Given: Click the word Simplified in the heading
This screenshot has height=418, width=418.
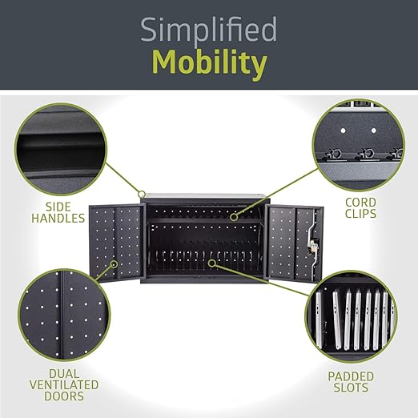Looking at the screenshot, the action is point(209,30).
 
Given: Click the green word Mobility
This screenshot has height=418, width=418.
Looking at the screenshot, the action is point(210,63).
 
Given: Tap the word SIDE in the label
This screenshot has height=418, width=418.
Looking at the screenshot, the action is point(58,207).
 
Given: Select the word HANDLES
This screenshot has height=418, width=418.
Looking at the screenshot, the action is point(58,218).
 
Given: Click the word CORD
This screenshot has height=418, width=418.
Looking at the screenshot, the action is point(360,203).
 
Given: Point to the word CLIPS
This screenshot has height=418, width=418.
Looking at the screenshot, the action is point(360,213).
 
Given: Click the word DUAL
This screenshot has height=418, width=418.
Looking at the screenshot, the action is point(64,374).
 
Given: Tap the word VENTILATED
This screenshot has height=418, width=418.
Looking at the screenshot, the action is point(64,385).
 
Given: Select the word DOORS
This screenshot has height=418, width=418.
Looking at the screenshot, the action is point(64,396).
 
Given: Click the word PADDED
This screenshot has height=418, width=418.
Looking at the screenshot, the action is point(351,376).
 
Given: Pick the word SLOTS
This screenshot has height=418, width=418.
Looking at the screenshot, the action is point(351,388).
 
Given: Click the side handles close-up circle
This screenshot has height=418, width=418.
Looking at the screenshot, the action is point(61,150).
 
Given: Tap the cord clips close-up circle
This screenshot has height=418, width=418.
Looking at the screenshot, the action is point(359,146).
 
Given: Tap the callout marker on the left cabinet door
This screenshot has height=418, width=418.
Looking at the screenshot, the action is point(115,264).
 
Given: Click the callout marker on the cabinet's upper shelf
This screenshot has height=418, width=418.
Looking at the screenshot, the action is point(234,217).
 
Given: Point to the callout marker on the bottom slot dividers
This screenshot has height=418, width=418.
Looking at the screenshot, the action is point(212,263).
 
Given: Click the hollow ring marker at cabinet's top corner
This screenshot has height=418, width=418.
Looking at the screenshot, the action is point(143,194).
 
